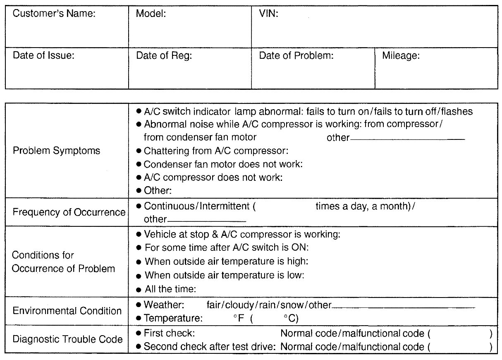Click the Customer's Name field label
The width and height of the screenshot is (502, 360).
point(54,14)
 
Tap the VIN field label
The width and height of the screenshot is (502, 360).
point(268,14)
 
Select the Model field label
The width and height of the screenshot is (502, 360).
point(151,14)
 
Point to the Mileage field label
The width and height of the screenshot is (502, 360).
point(401,55)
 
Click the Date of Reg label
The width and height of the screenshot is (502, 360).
point(164,55)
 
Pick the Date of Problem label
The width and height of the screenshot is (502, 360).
point(296,55)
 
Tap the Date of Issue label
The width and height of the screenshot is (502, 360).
point(43,55)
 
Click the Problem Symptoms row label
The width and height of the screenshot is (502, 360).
point(56,151)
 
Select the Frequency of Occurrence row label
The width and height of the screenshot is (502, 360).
point(69,212)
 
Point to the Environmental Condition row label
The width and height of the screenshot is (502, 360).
point(67,311)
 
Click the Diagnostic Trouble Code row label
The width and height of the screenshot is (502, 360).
point(68,340)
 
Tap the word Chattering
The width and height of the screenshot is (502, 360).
point(165,151)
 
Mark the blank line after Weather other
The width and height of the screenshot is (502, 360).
point(403,307)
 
